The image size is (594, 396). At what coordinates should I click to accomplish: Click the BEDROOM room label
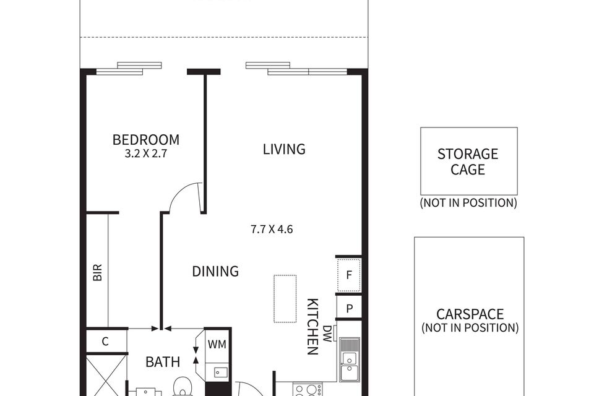[x=146, y=140]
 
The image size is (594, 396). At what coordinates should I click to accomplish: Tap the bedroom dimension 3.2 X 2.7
[x=146, y=154]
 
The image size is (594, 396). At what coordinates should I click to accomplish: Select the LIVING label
[x=284, y=149]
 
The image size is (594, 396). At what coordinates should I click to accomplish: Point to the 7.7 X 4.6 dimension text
[x=272, y=230]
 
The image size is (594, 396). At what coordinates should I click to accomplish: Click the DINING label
[x=215, y=272]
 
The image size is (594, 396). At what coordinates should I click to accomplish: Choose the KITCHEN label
[x=312, y=327]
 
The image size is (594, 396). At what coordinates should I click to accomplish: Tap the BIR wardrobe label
[x=98, y=272]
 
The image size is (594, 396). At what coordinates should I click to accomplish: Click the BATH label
[x=163, y=362]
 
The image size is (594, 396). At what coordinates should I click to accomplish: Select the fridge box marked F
[x=349, y=275]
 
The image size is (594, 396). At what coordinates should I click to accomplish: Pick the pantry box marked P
[x=349, y=309]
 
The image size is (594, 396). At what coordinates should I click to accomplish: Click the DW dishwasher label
[x=327, y=334]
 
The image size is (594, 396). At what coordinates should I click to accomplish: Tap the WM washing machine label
[x=217, y=345]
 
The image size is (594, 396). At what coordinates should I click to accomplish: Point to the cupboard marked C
[x=106, y=342]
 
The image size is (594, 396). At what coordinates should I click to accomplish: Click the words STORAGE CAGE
[x=468, y=161]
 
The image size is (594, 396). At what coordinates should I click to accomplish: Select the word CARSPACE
[x=470, y=314]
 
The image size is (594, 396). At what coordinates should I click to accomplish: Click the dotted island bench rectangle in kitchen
[x=285, y=299]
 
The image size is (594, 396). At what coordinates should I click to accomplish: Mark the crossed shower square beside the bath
[x=106, y=375]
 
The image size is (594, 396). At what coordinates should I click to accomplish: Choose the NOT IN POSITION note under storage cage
[x=468, y=203]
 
